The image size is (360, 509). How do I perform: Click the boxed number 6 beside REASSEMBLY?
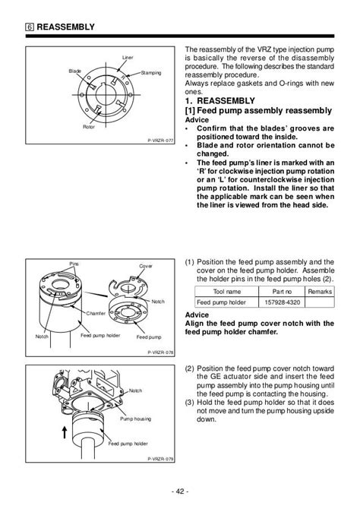30,27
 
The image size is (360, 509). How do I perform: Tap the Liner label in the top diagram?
128,58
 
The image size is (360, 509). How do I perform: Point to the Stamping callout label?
151,73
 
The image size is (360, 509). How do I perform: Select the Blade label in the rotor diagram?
75,71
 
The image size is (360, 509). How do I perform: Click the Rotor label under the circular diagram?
89,127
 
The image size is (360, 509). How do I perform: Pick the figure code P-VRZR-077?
160,141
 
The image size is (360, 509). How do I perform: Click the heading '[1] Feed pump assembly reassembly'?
258,111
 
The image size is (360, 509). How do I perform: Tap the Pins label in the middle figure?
74,264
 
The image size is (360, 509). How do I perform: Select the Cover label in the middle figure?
146,266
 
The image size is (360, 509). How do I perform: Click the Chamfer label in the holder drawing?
96,313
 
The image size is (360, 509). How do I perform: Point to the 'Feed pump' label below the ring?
149,337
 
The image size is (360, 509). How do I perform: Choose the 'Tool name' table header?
227,292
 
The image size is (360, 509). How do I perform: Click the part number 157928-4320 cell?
282,302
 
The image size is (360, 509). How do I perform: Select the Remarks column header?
320,292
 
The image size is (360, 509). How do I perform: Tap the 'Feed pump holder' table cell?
221,302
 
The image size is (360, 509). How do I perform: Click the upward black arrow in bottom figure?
65,432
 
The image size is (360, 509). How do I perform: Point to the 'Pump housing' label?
136,419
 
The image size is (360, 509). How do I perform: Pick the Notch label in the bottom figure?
135,390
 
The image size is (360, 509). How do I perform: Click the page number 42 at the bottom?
180,491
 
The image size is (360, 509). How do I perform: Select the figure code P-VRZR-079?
160,459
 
